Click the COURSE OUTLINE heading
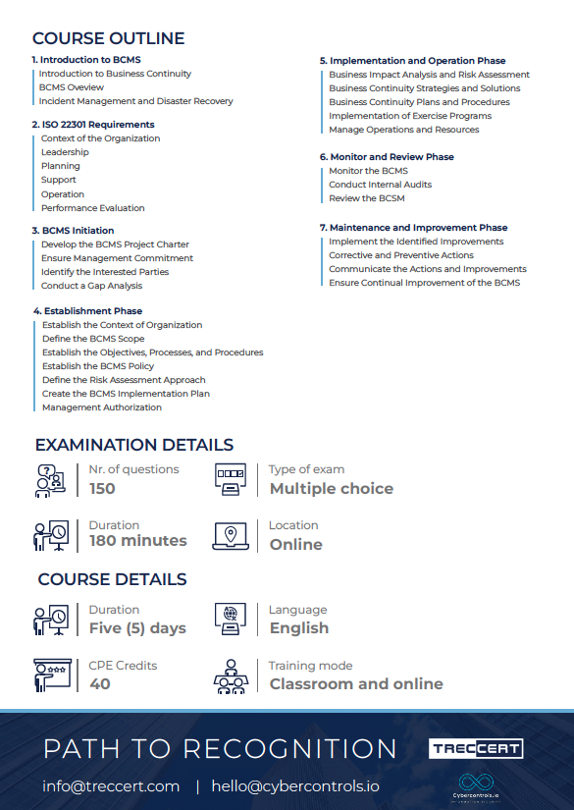tap(108, 39)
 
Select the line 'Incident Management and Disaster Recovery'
tap(135, 101)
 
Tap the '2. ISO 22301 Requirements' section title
tap(93, 125)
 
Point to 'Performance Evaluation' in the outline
tap(92, 208)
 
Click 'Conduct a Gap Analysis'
tap(91, 286)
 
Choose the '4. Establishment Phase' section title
tap(87, 311)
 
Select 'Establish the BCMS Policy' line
tap(98, 366)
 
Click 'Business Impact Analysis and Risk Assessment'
tap(429, 75)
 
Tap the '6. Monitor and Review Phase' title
tap(387, 157)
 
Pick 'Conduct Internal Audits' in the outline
tap(380, 185)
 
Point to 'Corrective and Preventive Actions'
tap(400, 255)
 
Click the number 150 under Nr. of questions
tap(102, 489)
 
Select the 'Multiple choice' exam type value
tap(331, 489)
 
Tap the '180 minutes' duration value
tap(137, 541)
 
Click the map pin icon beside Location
tap(230, 535)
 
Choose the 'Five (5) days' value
tap(136, 628)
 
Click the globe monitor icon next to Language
tap(230, 619)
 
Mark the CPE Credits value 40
tap(99, 684)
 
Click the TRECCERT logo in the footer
tap(476, 749)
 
